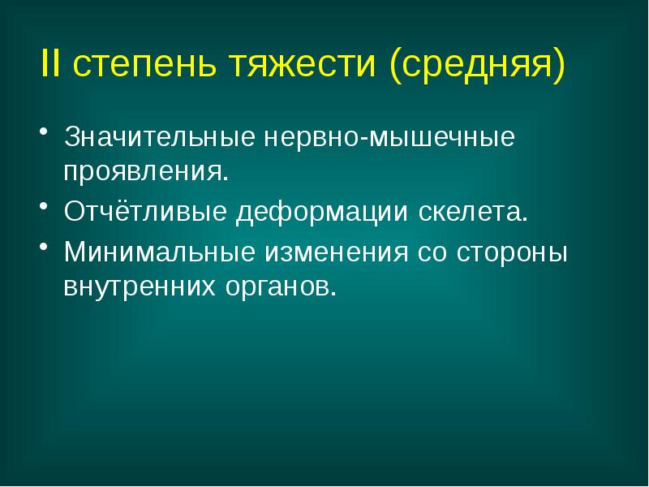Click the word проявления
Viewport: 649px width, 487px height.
(x=144, y=173)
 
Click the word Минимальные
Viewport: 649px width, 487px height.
(x=157, y=252)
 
